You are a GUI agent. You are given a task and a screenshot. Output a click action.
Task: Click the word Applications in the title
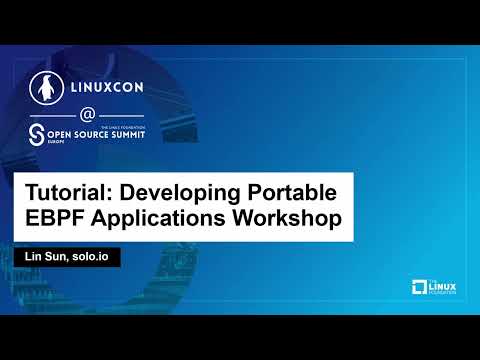click(160, 219)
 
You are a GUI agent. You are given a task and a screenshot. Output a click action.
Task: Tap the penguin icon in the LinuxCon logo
click(44, 86)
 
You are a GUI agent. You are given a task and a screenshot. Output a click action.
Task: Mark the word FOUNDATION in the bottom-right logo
click(441, 295)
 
